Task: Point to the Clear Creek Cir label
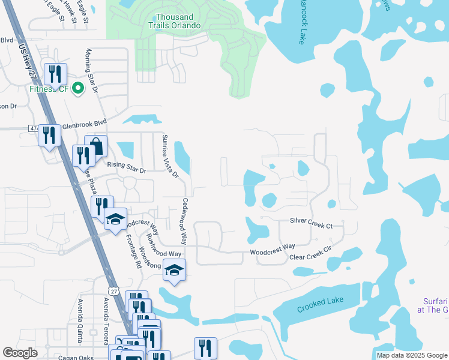tap(310, 253)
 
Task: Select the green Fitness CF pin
tap(77, 89)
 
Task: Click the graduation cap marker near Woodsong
tap(174, 270)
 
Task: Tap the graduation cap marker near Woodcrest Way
tap(116, 219)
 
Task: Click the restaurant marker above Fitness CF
tap(55, 74)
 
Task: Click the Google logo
tap(20, 353)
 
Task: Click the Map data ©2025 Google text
tap(411, 355)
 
